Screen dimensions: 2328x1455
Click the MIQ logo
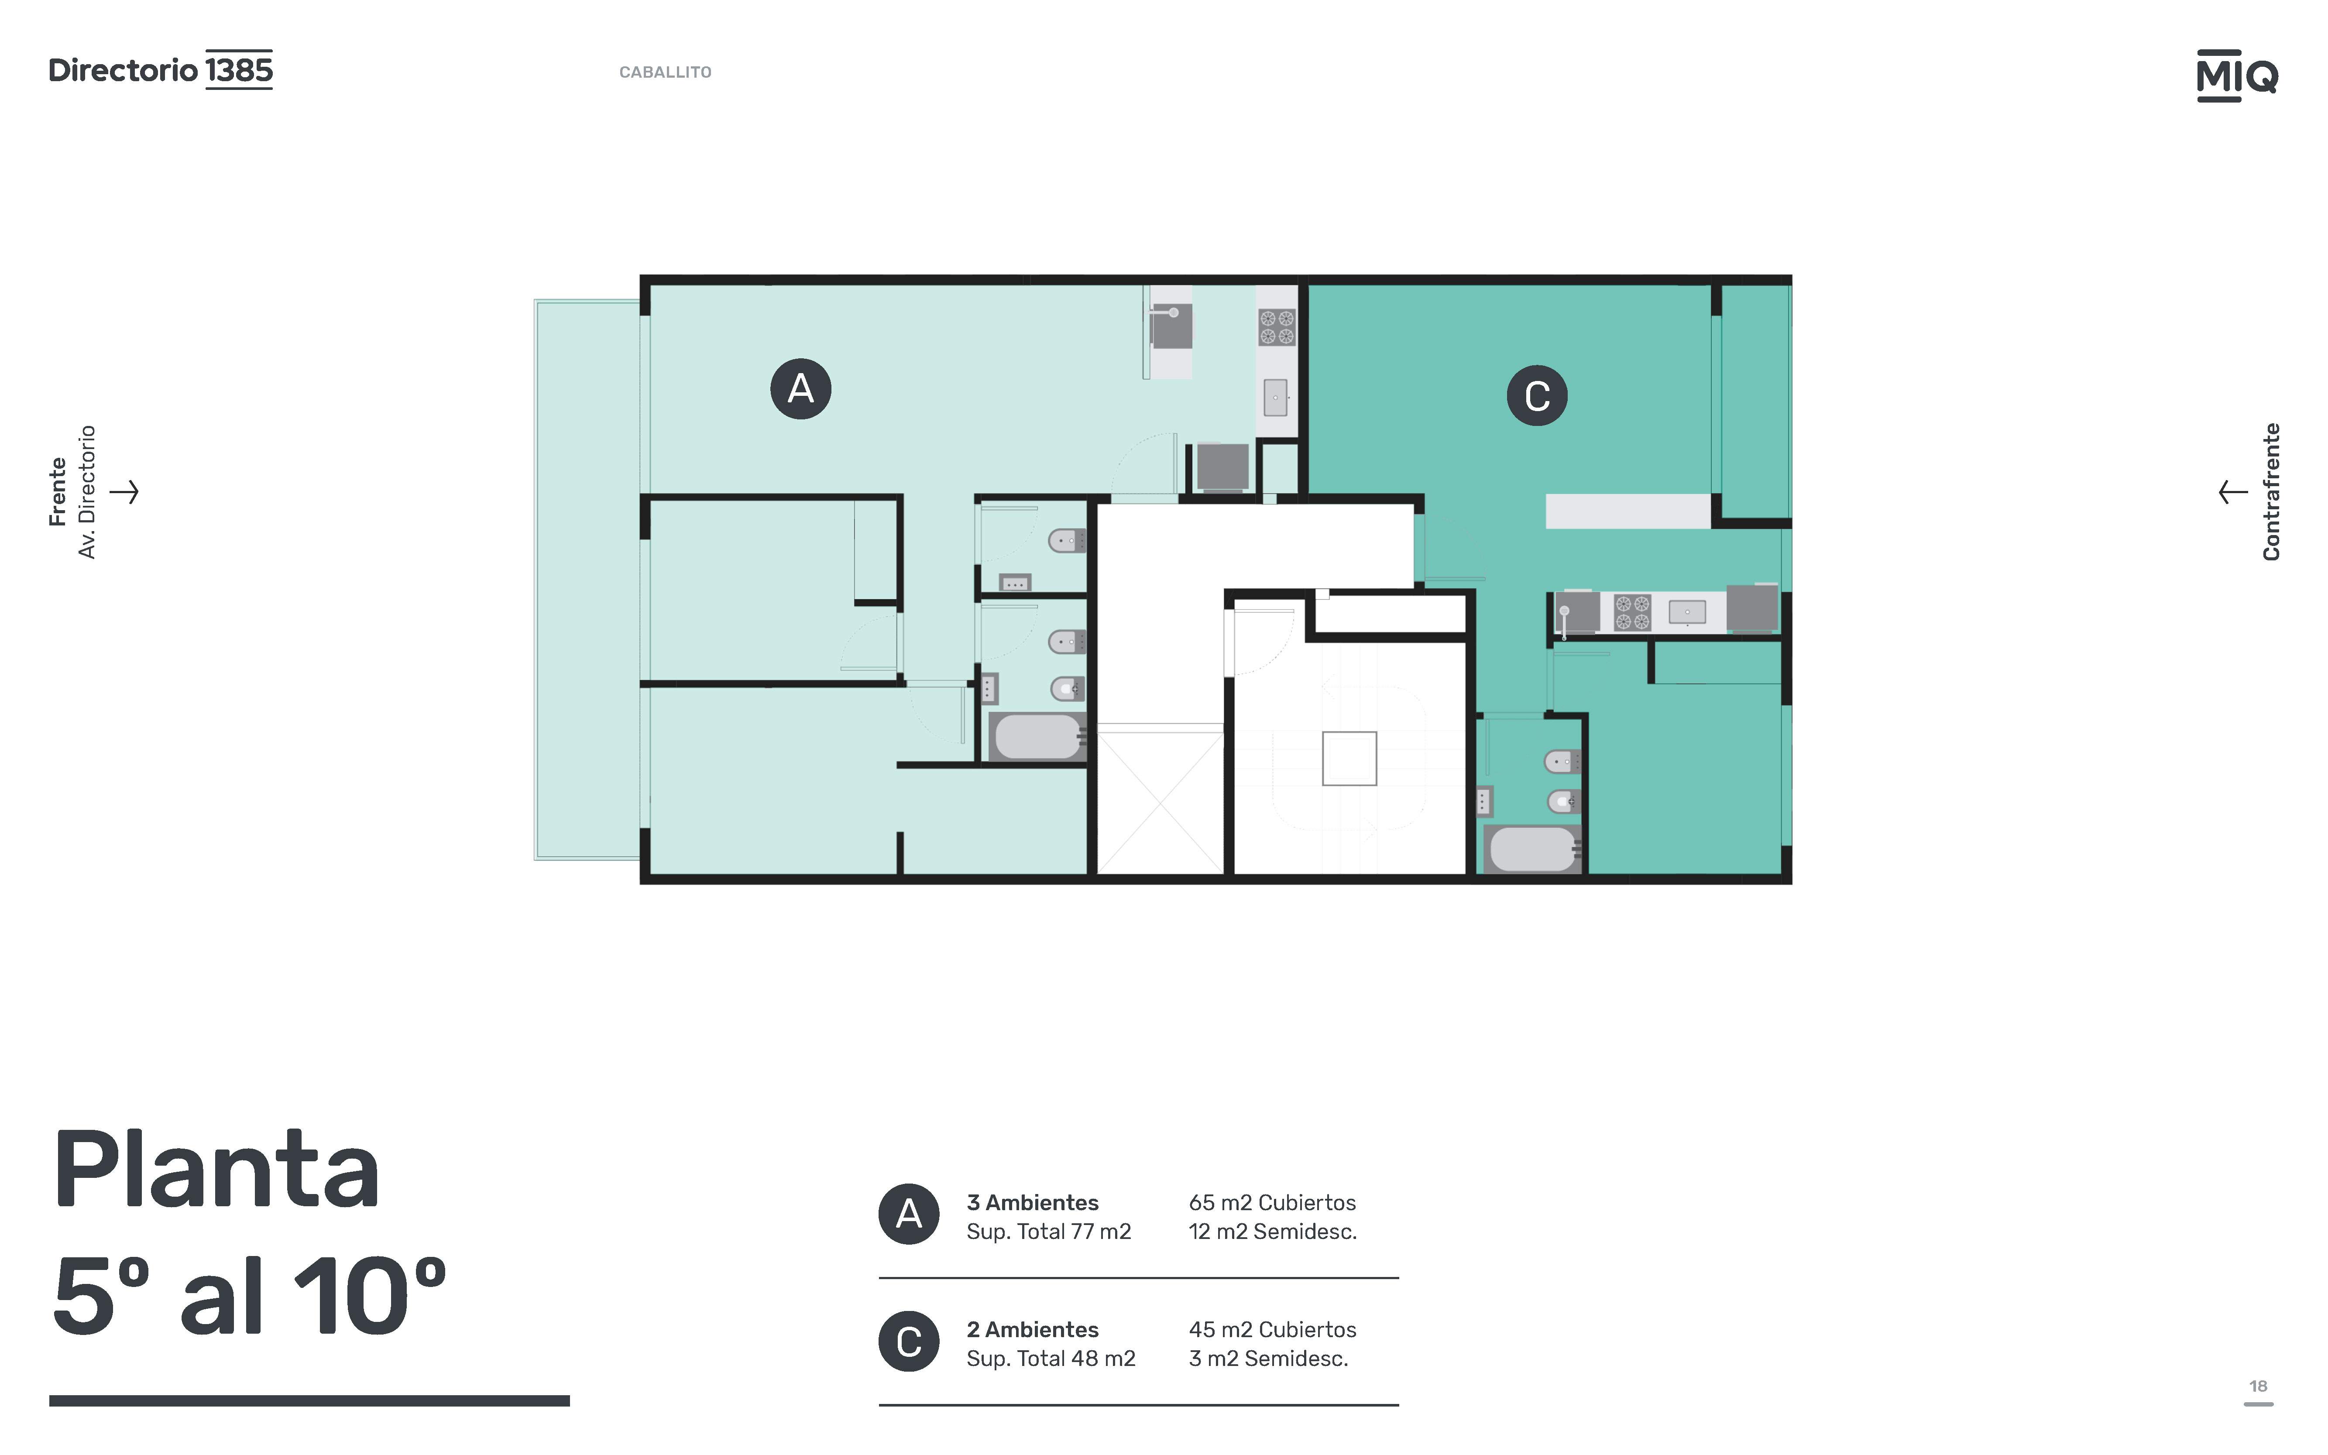pyautogui.click(x=2237, y=75)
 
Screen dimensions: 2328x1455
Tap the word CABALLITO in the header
pyautogui.click(x=665, y=72)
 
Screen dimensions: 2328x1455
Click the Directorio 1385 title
pyautogui.click(x=161, y=69)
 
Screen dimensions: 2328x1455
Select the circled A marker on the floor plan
pyautogui.click(x=801, y=389)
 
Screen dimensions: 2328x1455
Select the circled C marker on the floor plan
pyautogui.click(x=1537, y=395)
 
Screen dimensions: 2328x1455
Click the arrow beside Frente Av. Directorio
pyautogui.click(x=124, y=492)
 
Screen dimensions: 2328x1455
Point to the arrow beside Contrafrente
pyautogui.click(x=2233, y=492)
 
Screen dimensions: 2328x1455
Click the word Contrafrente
pyautogui.click(x=2271, y=492)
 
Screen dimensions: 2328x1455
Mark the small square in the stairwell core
pyautogui.click(x=1349, y=758)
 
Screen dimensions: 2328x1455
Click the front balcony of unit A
pyautogui.click(x=587, y=579)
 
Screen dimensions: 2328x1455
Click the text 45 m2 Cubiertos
pyautogui.click(x=1272, y=1330)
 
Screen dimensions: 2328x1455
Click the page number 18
pyautogui.click(x=2258, y=1386)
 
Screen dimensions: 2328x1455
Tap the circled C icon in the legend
pyautogui.click(x=909, y=1342)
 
